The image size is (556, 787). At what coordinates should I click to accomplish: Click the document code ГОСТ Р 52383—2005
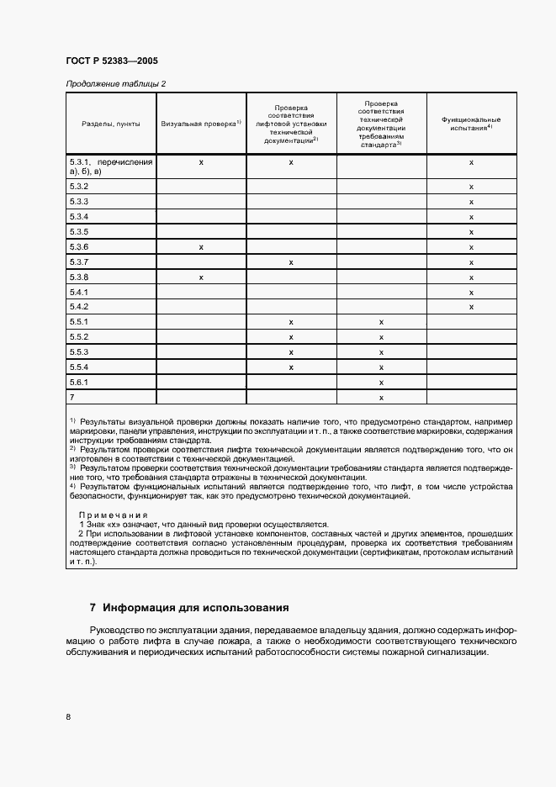[x=111, y=61]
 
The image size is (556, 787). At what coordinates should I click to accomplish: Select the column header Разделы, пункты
[x=110, y=124]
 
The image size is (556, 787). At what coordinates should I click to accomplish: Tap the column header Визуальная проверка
[x=200, y=124]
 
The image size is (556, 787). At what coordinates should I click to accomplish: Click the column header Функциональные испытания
[x=471, y=124]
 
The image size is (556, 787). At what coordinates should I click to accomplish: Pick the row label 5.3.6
[x=80, y=247]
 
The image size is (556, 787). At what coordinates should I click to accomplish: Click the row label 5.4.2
[x=80, y=307]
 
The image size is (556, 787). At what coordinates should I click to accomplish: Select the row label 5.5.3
[x=80, y=352]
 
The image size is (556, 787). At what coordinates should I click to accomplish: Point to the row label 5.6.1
[x=80, y=382]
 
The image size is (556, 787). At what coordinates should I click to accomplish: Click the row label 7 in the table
[x=73, y=397]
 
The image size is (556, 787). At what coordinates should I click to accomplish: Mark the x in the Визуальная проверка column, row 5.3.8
[x=201, y=277]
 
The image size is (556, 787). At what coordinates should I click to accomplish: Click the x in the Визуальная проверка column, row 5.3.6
[x=201, y=247]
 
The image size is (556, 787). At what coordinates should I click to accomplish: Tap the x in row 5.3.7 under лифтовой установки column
[x=291, y=262]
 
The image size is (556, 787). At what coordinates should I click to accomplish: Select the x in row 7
[x=381, y=397]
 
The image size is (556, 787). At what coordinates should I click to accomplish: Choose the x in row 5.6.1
[x=381, y=382]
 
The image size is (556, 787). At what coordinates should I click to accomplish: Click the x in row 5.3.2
[x=471, y=186]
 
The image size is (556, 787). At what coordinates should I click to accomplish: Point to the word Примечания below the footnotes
[x=113, y=515]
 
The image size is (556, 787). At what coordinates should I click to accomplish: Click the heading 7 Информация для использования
[x=189, y=607]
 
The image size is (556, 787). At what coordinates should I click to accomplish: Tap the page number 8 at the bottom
[x=68, y=716]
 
